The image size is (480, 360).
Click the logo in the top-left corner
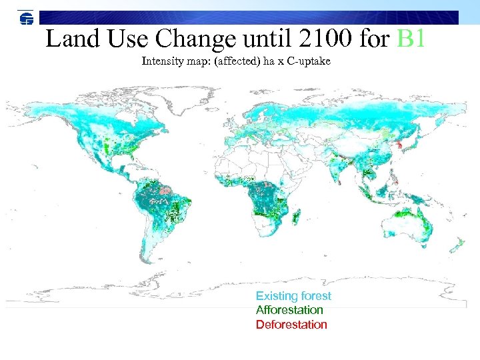pos(26,19)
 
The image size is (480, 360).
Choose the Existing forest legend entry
pos(293,296)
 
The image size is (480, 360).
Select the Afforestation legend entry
pos(289,310)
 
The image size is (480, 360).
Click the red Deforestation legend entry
pos(291,325)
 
